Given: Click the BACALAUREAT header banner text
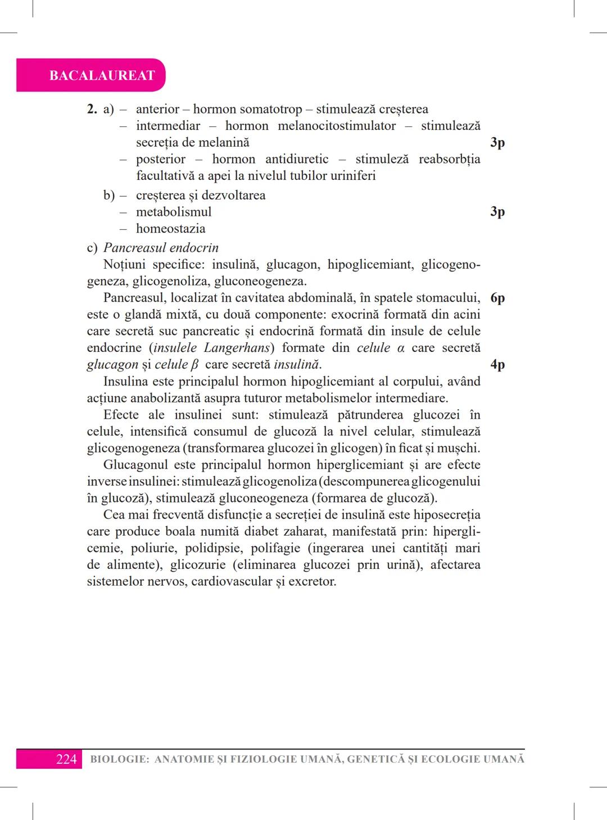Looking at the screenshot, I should coord(102,75).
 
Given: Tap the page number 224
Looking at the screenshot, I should coord(66,759).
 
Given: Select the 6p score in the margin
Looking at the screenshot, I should coord(497,298).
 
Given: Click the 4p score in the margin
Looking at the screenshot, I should coord(497,364).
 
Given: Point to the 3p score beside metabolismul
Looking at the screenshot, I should coord(497,211).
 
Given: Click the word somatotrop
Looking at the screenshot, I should coord(272,109).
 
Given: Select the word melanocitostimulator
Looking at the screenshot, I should coord(337,126).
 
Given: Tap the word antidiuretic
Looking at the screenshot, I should coord(297,159).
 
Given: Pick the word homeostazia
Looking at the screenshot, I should coord(170,229).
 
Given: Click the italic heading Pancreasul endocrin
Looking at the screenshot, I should coord(161,248).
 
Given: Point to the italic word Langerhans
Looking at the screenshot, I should coord(237,348).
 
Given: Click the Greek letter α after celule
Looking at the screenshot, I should coord(401,348).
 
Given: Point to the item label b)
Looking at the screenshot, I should coord(109,196).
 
